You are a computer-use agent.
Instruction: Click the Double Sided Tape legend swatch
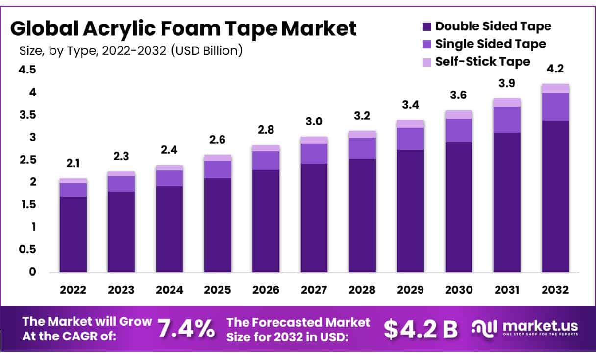426,26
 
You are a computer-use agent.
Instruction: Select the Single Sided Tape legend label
490,44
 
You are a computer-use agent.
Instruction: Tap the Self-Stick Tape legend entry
482,62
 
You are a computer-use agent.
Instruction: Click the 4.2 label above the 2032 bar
555,70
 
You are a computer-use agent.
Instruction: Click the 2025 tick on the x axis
218,290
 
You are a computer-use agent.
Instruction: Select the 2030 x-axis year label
459,290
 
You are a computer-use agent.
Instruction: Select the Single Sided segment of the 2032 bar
555,107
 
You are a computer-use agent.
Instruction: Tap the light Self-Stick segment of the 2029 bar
410,123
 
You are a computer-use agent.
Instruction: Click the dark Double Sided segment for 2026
266,220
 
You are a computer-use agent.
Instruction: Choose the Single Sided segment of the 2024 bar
170,178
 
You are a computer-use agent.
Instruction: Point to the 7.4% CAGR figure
186,329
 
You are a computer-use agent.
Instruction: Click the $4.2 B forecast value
421,329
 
